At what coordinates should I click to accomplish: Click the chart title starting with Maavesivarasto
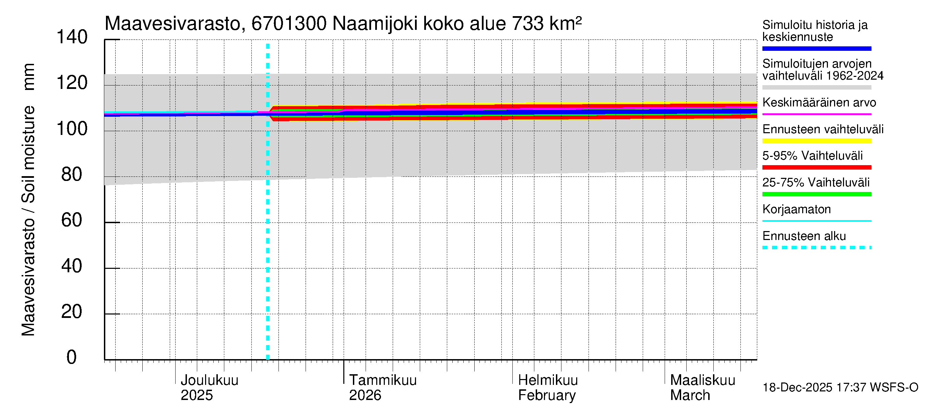click(343, 24)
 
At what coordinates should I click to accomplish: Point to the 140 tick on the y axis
click(72, 37)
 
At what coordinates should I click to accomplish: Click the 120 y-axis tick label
click(72, 83)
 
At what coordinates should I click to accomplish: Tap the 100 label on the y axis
click(72, 129)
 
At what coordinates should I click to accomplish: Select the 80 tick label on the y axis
click(72, 174)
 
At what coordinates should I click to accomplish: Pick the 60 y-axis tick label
click(72, 220)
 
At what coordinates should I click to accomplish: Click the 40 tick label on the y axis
click(72, 266)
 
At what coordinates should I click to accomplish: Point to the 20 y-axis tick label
click(72, 312)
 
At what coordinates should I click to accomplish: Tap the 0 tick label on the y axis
click(72, 357)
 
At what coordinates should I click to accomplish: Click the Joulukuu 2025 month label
click(209, 388)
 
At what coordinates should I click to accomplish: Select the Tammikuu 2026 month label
click(382, 388)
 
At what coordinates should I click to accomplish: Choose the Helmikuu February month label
click(547, 388)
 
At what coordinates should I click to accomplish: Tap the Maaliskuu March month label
click(702, 388)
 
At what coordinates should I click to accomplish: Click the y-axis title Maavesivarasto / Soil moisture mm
click(28, 200)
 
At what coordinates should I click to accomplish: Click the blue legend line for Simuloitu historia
click(816, 48)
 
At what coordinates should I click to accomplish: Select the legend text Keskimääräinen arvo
click(819, 103)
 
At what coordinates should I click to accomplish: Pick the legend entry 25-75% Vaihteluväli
click(816, 182)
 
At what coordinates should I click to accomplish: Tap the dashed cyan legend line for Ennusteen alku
click(816, 248)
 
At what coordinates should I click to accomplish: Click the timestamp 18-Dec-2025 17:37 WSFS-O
click(840, 388)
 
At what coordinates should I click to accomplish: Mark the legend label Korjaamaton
click(796, 209)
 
